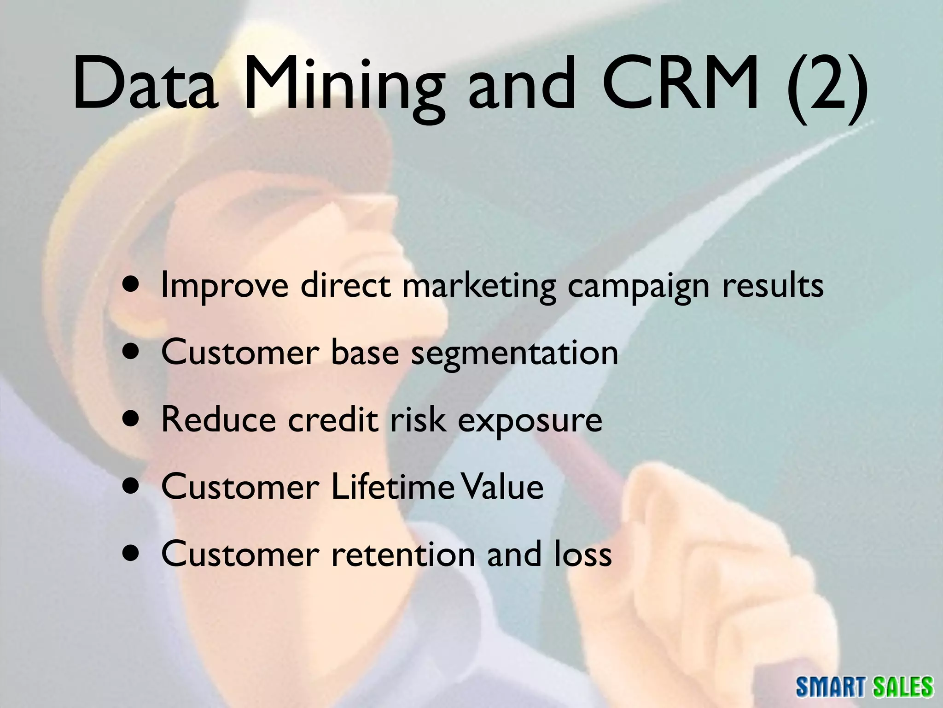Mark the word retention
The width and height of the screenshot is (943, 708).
point(403,554)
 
